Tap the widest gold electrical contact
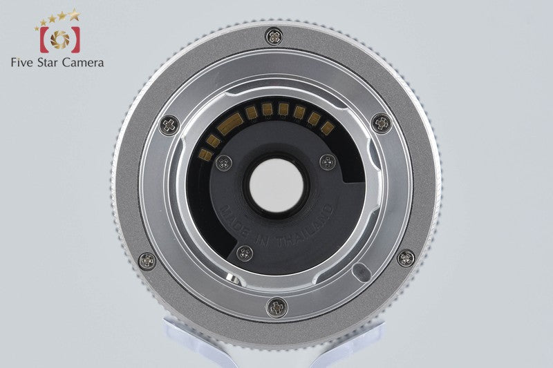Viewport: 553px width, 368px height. pos(229,125)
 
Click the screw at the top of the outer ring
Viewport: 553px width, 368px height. pos(274,36)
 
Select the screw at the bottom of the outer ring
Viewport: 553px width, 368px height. pos(277,307)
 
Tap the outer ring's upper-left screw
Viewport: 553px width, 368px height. pos(169,125)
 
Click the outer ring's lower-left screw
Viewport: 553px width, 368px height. pos(147,261)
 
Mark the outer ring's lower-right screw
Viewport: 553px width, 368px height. pos(406,258)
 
